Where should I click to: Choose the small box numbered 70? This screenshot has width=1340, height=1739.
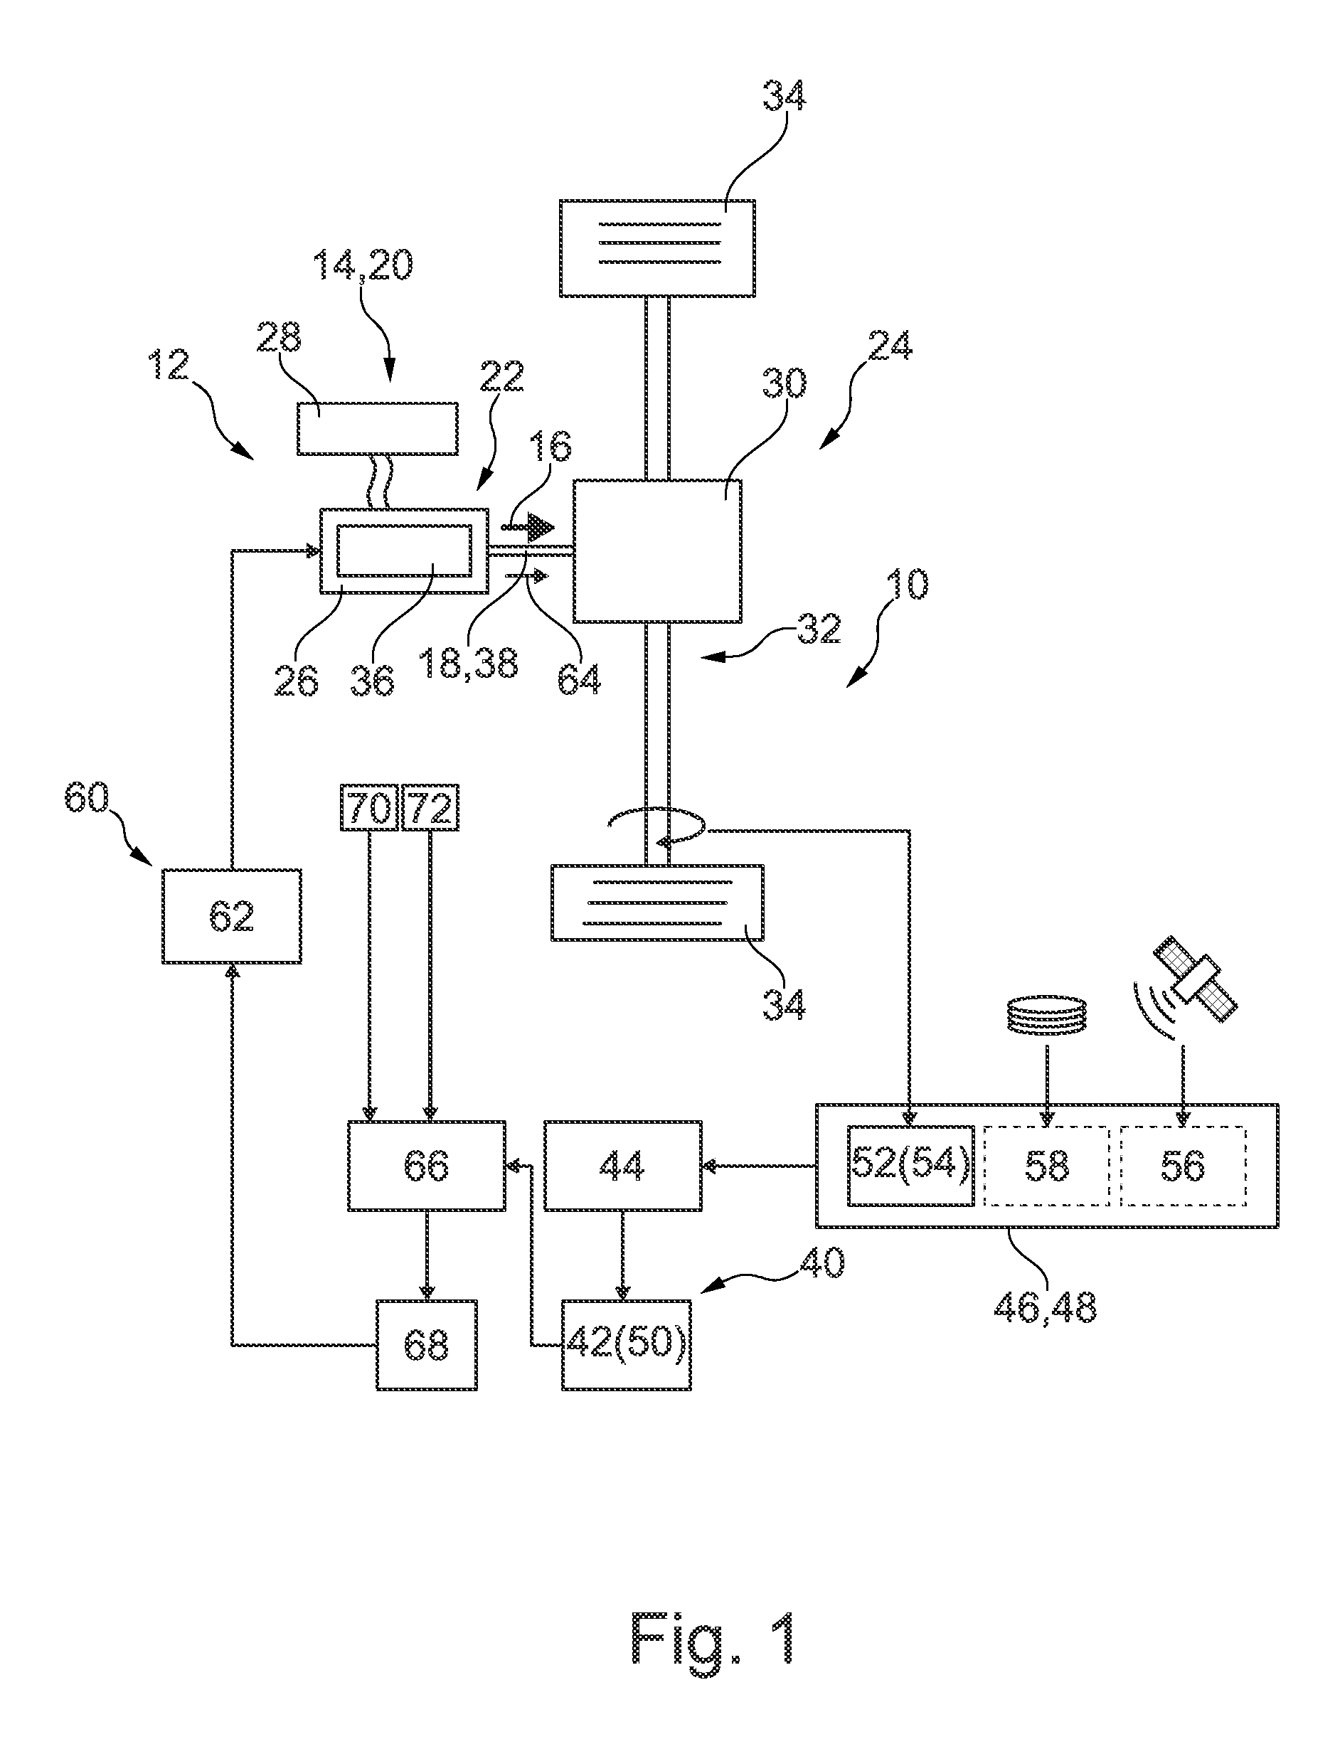(369, 808)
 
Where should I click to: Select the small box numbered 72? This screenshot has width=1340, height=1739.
(430, 808)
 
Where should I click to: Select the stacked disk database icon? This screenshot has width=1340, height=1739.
(1047, 1015)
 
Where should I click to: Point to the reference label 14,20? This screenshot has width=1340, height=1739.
(363, 265)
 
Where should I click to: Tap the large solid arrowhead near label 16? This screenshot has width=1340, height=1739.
(541, 527)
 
